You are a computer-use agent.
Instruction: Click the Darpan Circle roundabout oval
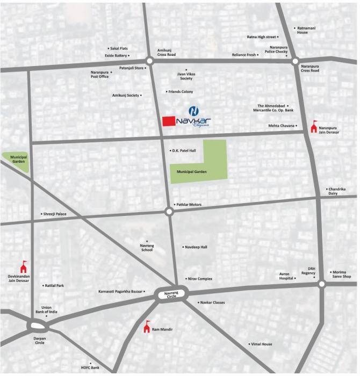point(38,326)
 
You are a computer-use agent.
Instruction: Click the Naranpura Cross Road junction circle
point(295,62)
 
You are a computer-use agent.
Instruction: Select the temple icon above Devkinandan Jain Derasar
point(23,266)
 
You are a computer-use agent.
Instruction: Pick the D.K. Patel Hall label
point(183,151)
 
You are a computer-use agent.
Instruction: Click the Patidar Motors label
point(188,205)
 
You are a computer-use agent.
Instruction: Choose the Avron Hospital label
point(286,276)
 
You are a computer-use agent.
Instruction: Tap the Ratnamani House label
point(303,30)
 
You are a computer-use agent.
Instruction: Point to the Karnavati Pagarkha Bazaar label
point(121,292)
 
